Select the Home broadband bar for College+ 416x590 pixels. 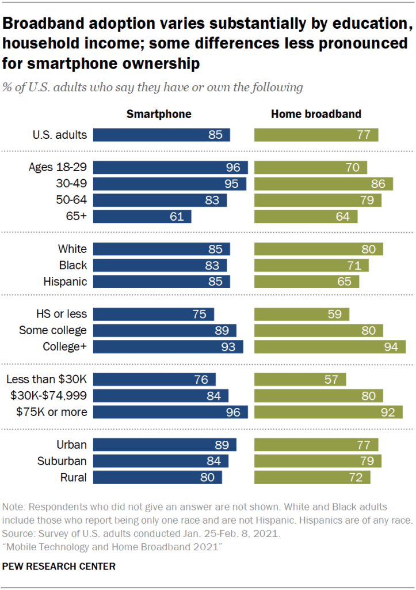pos(330,347)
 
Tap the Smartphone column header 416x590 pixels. pos(159,114)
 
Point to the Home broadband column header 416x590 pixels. pos(316,114)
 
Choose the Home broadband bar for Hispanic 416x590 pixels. pos(307,282)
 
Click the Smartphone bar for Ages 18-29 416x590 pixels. pos(170,168)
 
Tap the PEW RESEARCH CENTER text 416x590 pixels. pos(59,566)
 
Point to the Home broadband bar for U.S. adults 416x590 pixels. pos(316,135)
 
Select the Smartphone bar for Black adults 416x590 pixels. pos(159,266)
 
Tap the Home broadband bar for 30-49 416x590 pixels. pos(323,184)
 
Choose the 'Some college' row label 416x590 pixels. pos(53,330)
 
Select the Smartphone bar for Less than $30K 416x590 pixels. pos(154,379)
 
